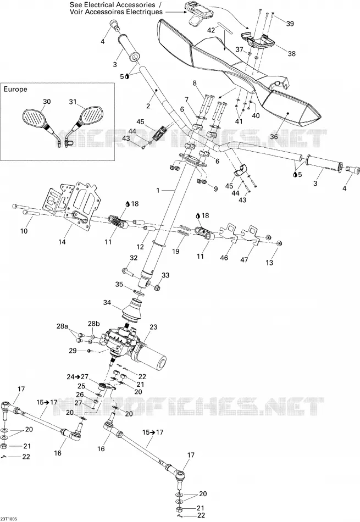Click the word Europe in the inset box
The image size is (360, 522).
(x=15, y=89)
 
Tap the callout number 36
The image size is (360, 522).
(x=274, y=136)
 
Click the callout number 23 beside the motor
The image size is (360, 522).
(x=153, y=327)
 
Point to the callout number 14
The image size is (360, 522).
(x=62, y=242)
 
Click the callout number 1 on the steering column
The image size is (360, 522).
(x=158, y=191)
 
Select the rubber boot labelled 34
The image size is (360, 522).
(x=131, y=310)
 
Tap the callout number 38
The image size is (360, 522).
(x=291, y=53)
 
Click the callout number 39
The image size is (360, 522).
(x=290, y=24)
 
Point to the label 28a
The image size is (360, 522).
(x=63, y=326)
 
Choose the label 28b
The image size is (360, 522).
(x=93, y=324)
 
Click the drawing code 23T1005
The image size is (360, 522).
(x=9, y=519)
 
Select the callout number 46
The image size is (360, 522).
(x=224, y=258)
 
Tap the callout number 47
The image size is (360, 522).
(x=244, y=259)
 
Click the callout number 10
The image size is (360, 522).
(x=24, y=231)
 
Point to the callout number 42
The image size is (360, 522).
(x=211, y=30)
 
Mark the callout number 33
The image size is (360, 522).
(x=165, y=275)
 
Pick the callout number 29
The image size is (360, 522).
(x=73, y=351)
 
